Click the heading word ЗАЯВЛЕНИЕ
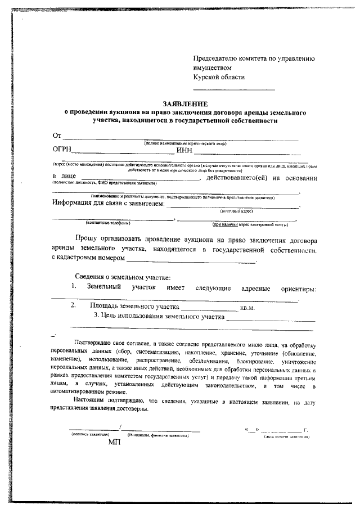185,104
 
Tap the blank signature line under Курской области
234,90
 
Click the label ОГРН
63,150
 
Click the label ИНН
184,150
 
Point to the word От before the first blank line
56,136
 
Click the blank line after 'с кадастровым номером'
191,261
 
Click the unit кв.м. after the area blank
247,308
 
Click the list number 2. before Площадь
73,305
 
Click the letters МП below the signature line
114,442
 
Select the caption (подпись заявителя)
90,435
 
